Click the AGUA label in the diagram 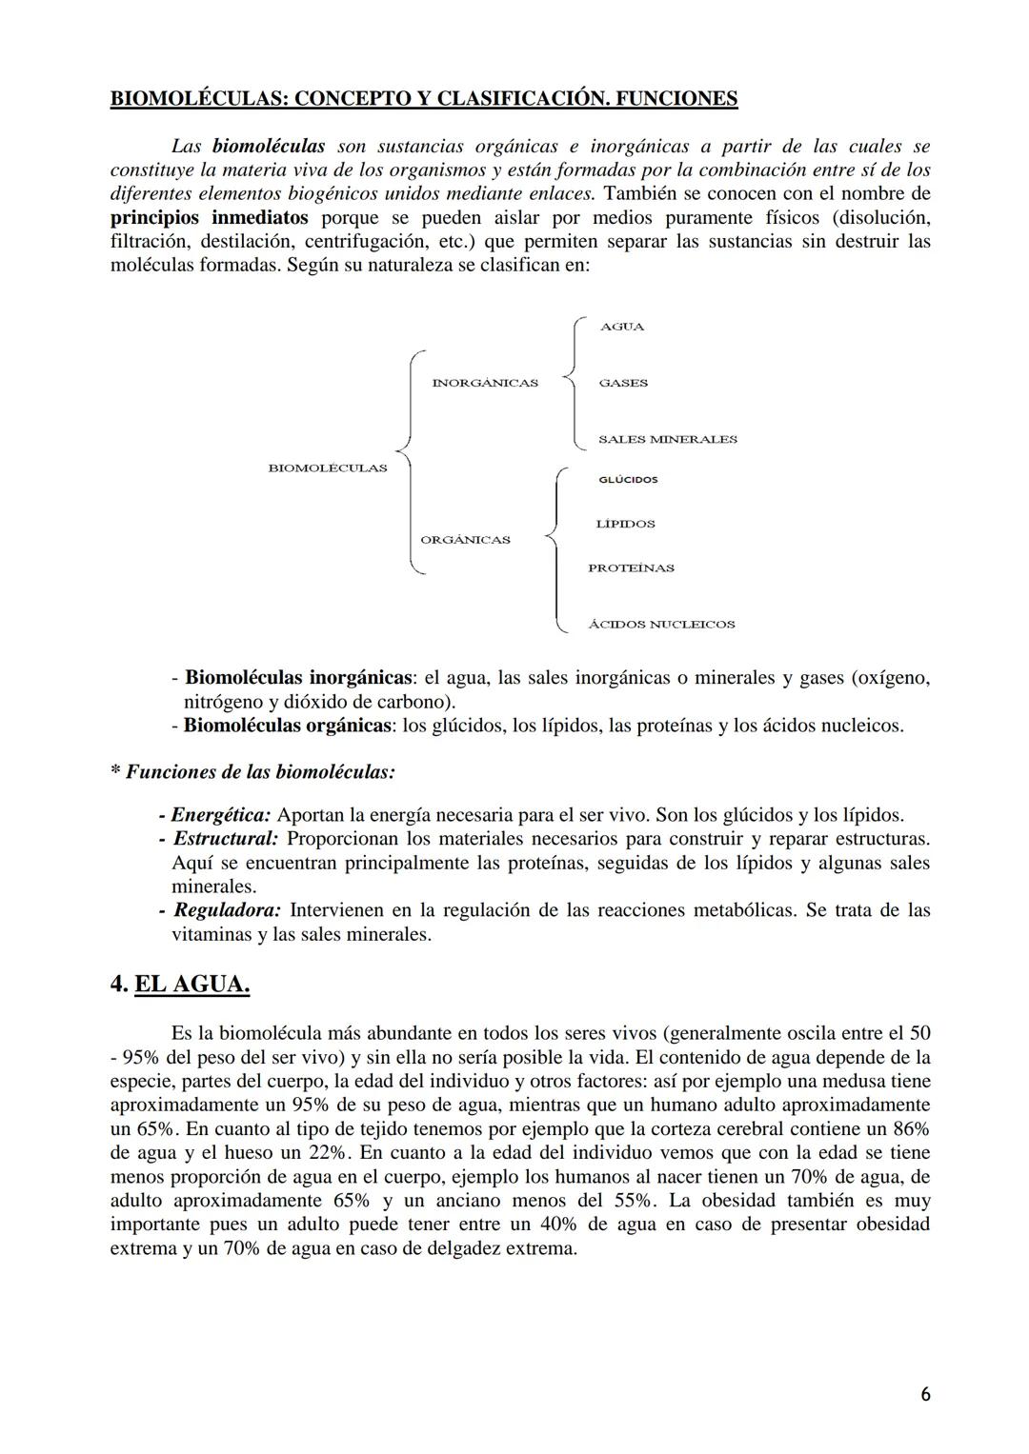coord(621,327)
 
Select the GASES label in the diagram coord(623,383)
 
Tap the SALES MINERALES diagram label coord(667,439)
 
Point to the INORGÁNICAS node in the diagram coord(484,383)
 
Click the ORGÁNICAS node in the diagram coord(465,540)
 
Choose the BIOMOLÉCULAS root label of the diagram coord(328,468)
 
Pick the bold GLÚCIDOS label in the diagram coord(628,480)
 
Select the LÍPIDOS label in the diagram coord(625,524)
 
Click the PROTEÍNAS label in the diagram coord(631,568)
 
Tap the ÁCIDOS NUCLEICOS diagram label coord(661,625)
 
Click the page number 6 coord(925,1395)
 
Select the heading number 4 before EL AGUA coord(119,984)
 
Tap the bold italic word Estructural coord(226,839)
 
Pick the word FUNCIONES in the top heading coord(675,99)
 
